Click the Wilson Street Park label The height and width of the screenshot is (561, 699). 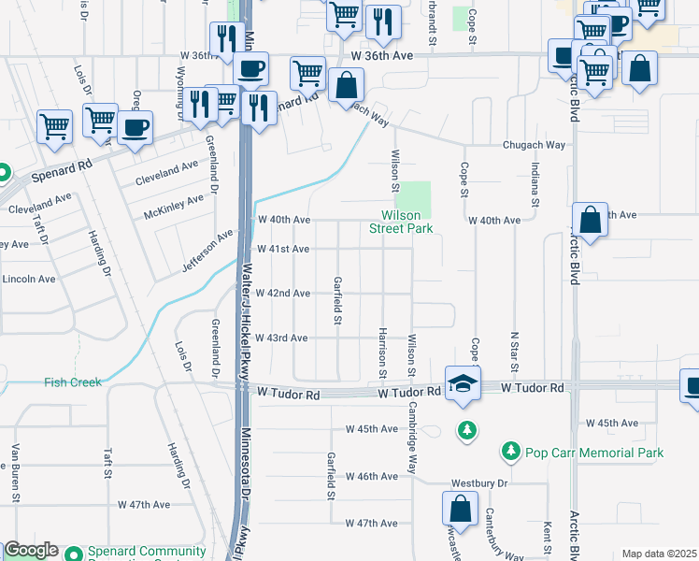click(x=401, y=221)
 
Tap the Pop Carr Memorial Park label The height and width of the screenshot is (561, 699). click(x=594, y=453)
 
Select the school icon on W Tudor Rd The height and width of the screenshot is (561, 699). click(x=462, y=383)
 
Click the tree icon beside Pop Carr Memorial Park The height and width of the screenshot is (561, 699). click(x=510, y=453)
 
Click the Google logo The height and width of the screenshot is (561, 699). click(x=30, y=551)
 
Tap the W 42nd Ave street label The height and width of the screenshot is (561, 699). click(x=282, y=294)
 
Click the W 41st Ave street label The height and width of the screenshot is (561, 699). click(x=282, y=250)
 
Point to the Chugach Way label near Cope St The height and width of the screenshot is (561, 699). click(x=535, y=145)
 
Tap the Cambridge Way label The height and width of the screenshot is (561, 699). click(x=412, y=439)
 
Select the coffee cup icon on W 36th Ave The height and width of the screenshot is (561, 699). click(x=250, y=69)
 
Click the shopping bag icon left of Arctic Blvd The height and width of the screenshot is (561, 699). click(x=590, y=221)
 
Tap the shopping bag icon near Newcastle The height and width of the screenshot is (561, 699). click(x=460, y=510)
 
